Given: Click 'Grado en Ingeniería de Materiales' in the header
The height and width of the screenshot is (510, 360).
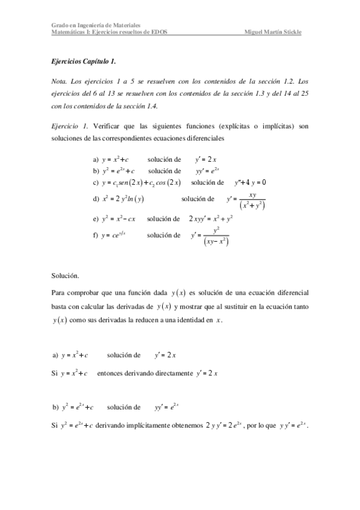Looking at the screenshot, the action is [96, 26].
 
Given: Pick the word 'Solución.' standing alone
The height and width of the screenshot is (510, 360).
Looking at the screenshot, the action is [66, 275].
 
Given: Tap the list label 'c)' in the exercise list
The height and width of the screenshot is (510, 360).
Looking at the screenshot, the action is [96, 182].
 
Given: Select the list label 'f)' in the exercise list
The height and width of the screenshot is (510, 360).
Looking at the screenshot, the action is [96, 235].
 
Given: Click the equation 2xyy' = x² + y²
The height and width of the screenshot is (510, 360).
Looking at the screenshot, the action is [210, 219].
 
